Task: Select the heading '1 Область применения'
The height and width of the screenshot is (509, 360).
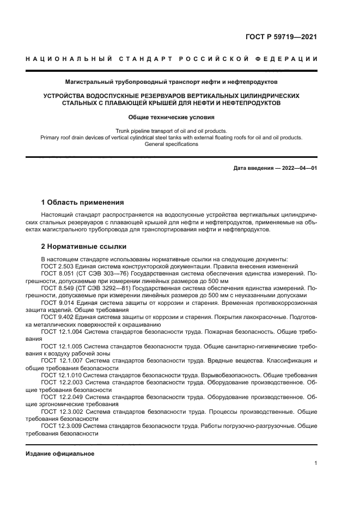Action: pos(83,202)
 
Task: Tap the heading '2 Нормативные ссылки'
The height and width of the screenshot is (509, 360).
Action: pos(84,246)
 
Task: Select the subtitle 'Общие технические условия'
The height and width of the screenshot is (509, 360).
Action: pos(171,117)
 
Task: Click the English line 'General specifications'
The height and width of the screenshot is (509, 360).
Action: pos(171,144)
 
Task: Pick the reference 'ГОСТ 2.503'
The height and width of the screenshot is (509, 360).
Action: pos(60,266)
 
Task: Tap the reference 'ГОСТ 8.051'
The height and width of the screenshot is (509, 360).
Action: pos(60,274)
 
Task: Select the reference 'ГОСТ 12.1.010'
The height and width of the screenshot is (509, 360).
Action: pos(62,375)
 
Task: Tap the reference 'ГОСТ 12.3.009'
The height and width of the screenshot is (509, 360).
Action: pos(62,426)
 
